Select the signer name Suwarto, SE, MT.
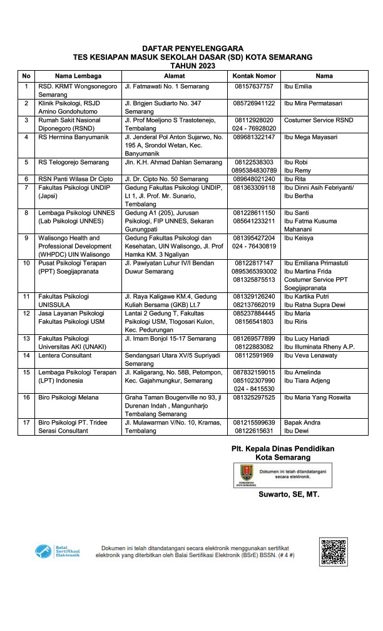pyautogui.click(x=289, y=495)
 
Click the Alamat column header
pyautogui.click(x=173, y=76)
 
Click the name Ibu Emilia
pyautogui.click(x=298, y=86)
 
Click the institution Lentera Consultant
pyautogui.click(x=64, y=356)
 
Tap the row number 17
pyautogui.click(x=26, y=423)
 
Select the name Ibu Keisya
pyautogui.click(x=298, y=238)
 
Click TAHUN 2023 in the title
pyautogui.click(x=192, y=65)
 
